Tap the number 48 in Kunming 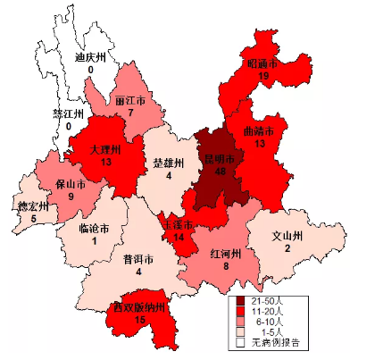click(219, 173)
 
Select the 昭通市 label click(262, 64)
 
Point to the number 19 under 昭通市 click(262, 77)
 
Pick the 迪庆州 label click(91, 57)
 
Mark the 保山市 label click(70, 184)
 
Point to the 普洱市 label click(138, 260)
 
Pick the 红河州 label click(227, 253)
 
